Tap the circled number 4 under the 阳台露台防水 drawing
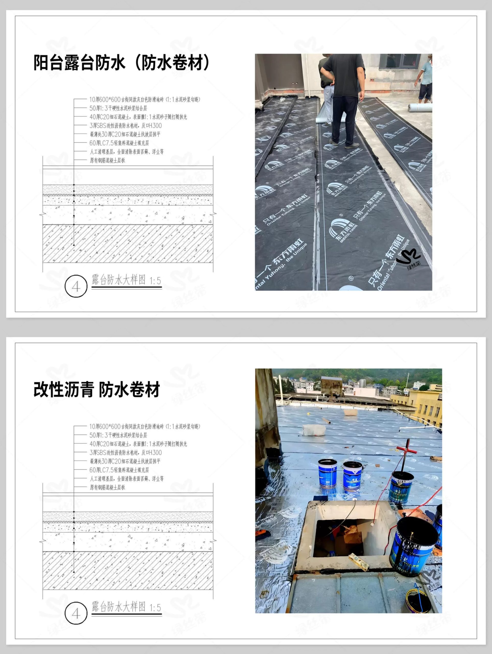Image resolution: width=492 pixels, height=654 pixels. [76, 286]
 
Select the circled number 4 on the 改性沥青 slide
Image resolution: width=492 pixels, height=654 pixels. [76, 613]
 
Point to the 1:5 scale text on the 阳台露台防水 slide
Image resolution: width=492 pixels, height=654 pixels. [155, 281]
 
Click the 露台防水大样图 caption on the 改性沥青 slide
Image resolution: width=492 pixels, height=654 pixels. [119, 607]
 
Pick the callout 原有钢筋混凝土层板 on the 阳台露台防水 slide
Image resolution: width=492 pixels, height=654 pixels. [107, 160]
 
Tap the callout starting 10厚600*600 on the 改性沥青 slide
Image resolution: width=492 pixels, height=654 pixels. [145, 426]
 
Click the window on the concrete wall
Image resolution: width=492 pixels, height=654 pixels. [400, 62]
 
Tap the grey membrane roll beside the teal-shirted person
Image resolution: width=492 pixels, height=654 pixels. [420, 108]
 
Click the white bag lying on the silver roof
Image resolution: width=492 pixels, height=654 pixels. [314, 430]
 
